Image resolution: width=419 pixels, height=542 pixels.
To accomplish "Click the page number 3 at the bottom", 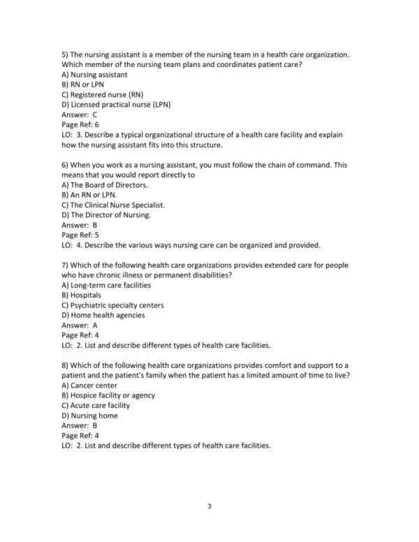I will click(x=209, y=508).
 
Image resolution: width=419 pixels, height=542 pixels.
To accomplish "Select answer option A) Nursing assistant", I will click(x=94, y=75).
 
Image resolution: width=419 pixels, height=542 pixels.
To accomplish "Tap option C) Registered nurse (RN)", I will click(x=102, y=95).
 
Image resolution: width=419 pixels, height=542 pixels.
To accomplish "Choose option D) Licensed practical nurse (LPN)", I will click(x=116, y=105).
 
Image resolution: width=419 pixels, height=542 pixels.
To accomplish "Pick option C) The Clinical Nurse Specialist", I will click(x=113, y=205).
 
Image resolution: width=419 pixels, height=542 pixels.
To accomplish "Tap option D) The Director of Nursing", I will click(x=106, y=215).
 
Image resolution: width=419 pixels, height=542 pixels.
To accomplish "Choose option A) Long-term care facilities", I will click(x=106, y=285).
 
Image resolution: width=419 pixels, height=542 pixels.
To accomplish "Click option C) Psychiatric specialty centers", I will click(x=112, y=305).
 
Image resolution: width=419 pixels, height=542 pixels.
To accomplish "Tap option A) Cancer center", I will click(x=89, y=385).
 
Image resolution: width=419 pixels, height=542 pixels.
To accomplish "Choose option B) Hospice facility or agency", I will click(x=108, y=395).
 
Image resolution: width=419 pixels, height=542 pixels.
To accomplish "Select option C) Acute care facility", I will click(x=96, y=405).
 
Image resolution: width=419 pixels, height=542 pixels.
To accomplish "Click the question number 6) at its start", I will click(x=66, y=165).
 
